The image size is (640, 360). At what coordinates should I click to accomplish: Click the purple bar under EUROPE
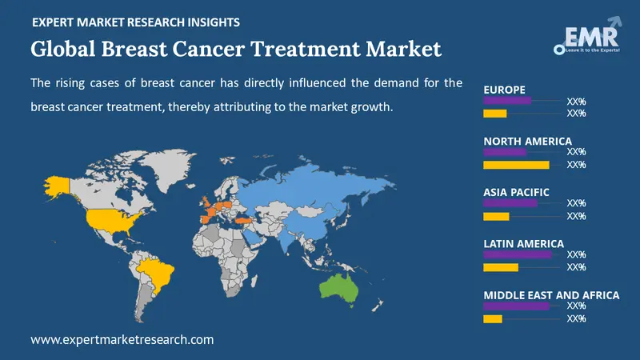507,101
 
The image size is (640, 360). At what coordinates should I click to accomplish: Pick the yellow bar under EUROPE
495,114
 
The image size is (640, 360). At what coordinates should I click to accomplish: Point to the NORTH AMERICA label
527,141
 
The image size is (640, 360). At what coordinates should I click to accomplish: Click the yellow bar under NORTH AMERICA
516,165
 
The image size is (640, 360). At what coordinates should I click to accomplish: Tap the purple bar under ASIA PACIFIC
510,203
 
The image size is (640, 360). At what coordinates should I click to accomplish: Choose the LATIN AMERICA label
523,243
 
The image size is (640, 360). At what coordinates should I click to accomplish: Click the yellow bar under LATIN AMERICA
501,267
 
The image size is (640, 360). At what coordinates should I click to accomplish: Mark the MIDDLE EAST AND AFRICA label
551,295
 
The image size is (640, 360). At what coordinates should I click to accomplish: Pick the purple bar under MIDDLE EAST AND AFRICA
516,306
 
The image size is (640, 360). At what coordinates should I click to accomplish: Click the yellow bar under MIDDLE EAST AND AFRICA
493,318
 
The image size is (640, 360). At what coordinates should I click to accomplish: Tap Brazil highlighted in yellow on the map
158,273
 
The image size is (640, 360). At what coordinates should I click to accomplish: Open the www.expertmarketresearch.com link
122,340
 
